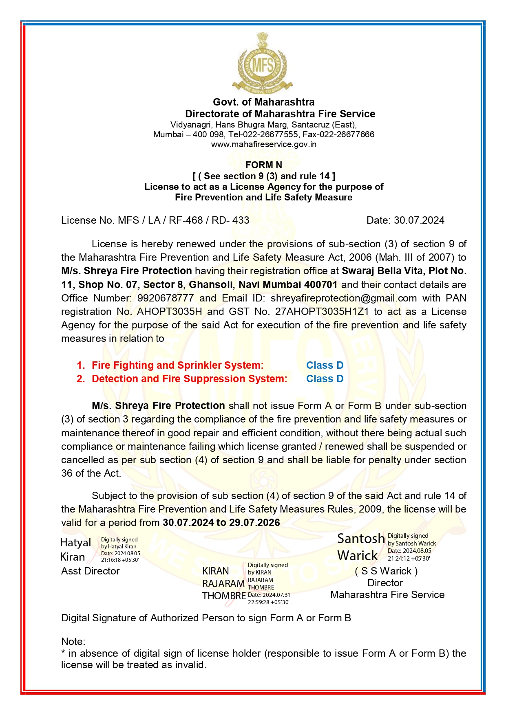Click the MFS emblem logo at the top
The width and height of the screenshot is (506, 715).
coord(263,63)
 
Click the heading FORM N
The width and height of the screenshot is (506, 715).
coord(263,165)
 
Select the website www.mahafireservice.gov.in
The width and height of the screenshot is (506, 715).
coord(263,144)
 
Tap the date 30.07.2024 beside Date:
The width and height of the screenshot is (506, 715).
coord(419,220)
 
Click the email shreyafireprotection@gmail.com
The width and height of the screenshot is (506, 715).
coord(343,298)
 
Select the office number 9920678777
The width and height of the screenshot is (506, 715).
coord(165,298)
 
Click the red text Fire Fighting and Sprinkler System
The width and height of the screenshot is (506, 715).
coord(177,365)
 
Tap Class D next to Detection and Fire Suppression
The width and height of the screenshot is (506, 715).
coord(325,379)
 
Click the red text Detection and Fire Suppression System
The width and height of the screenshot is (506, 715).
coord(189,379)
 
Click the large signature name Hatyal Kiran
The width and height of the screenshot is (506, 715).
coord(75,550)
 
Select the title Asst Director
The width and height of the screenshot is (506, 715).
coord(90,571)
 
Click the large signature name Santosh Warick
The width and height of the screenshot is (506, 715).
coord(360,547)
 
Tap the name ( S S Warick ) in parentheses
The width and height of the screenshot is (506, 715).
coord(386,571)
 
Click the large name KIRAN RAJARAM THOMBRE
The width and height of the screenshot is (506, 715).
coord(223,583)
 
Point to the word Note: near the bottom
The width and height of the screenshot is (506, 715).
coord(73,642)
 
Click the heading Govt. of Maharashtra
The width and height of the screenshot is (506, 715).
coord(263,102)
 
